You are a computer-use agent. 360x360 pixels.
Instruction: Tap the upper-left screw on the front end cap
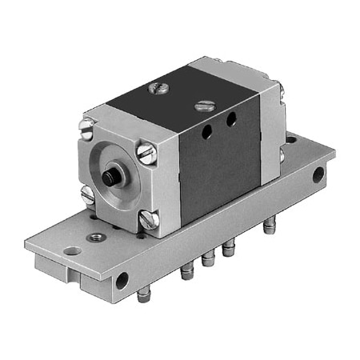pos(87,125)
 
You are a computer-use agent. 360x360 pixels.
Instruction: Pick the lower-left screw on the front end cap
pos(87,193)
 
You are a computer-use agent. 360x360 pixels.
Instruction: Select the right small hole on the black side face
pos(231,119)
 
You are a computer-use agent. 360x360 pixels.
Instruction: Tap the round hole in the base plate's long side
pos(122,280)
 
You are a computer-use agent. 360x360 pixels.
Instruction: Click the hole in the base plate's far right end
pos(318,174)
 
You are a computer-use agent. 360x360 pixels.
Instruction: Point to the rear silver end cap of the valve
pos(270,128)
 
